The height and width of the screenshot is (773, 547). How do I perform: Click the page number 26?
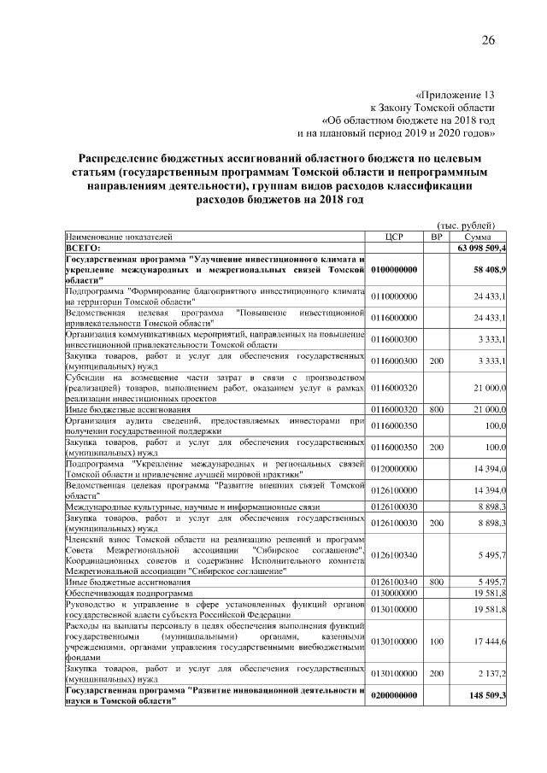[x=488, y=41]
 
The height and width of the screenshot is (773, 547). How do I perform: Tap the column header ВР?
[x=436, y=236]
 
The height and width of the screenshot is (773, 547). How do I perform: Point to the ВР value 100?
[x=436, y=641]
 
